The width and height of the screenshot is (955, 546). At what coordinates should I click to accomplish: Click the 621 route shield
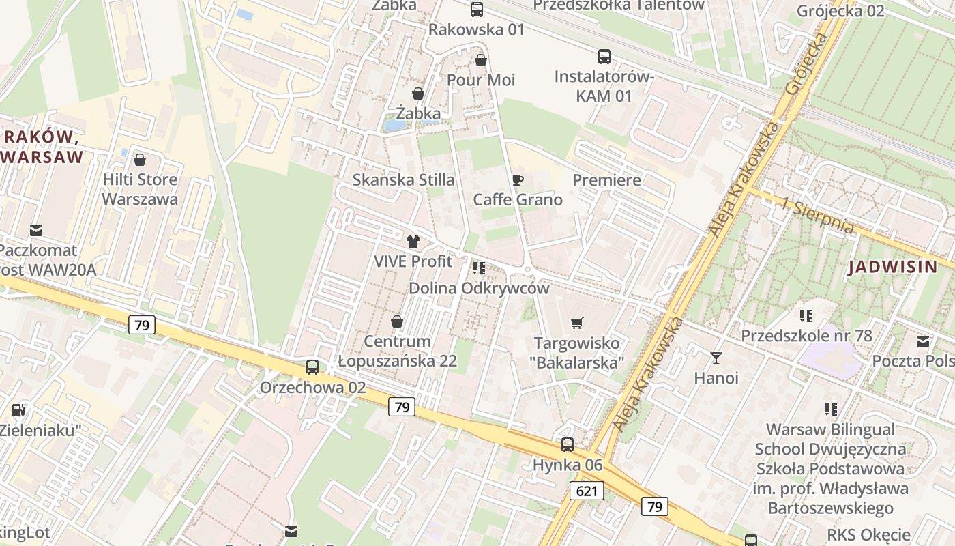click(587, 491)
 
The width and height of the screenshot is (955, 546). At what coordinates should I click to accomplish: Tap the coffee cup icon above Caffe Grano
click(518, 180)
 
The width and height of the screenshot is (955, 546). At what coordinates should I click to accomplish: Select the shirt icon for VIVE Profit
click(413, 241)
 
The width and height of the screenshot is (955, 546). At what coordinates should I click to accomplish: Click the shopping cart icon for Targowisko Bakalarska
click(577, 323)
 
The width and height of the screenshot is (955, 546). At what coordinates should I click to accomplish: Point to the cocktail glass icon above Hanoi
click(716, 357)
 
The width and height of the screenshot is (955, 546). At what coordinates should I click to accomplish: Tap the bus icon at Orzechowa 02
click(312, 367)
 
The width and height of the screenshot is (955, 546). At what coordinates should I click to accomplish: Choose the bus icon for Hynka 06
click(568, 445)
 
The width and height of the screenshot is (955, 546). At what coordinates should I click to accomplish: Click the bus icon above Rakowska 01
click(477, 10)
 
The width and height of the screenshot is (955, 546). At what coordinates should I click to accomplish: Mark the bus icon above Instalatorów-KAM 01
click(604, 57)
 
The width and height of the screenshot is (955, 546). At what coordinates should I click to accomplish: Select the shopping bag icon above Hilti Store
click(140, 160)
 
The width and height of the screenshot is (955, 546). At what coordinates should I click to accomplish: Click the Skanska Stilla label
click(403, 180)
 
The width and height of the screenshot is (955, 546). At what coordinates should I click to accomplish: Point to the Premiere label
click(606, 180)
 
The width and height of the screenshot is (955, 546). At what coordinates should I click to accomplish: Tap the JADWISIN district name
click(893, 267)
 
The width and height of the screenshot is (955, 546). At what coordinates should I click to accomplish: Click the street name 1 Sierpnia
click(818, 216)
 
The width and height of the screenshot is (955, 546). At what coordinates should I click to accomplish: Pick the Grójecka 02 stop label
click(840, 11)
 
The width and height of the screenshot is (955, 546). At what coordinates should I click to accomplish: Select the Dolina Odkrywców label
click(478, 288)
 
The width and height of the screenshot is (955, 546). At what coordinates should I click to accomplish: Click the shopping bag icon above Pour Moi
click(481, 60)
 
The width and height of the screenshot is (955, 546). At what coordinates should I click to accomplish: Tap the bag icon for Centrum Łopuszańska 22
click(397, 321)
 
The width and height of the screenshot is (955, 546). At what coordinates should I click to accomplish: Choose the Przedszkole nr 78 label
click(806, 336)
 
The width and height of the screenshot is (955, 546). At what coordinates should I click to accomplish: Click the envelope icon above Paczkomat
click(35, 231)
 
